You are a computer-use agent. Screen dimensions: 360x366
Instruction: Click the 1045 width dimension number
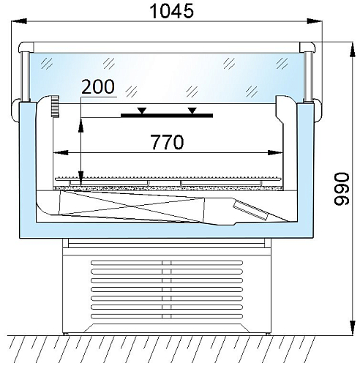click(x=171, y=11)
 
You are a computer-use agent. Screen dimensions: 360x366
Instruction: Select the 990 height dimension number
click(x=342, y=189)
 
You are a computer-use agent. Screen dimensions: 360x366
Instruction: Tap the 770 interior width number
click(x=167, y=142)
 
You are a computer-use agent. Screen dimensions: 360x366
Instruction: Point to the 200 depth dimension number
click(x=98, y=86)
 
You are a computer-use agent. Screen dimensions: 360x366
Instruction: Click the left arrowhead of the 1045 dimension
click(x=19, y=21)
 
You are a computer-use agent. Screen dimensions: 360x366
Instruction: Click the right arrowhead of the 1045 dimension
click(x=315, y=21)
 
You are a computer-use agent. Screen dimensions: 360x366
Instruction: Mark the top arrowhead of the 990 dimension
click(x=352, y=50)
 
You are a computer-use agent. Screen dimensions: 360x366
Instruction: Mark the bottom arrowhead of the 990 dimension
click(x=352, y=328)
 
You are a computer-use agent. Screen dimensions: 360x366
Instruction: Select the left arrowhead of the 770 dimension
click(x=61, y=153)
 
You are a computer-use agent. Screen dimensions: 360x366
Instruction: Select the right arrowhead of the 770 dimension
click(x=275, y=153)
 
